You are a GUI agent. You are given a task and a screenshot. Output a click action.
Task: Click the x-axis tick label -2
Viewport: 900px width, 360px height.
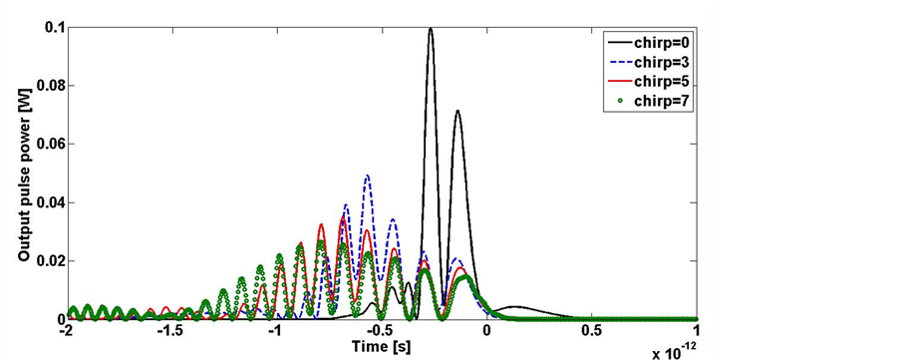tap(66, 331)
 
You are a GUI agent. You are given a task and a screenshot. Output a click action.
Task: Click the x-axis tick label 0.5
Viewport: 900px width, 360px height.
tap(591, 331)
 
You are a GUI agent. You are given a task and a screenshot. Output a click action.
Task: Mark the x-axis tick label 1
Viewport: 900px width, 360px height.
tap(697, 331)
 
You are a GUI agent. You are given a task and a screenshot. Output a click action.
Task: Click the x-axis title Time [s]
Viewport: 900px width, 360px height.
tap(381, 345)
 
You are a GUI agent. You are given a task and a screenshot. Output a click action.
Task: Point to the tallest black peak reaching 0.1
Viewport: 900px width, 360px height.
tap(431, 29)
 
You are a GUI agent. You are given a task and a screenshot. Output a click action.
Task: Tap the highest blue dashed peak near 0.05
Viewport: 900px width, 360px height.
tap(367, 176)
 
